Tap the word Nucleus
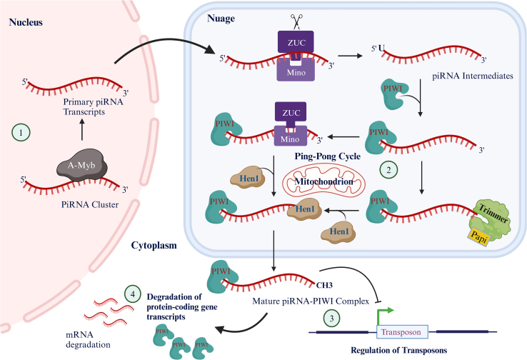[x=28, y=22]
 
